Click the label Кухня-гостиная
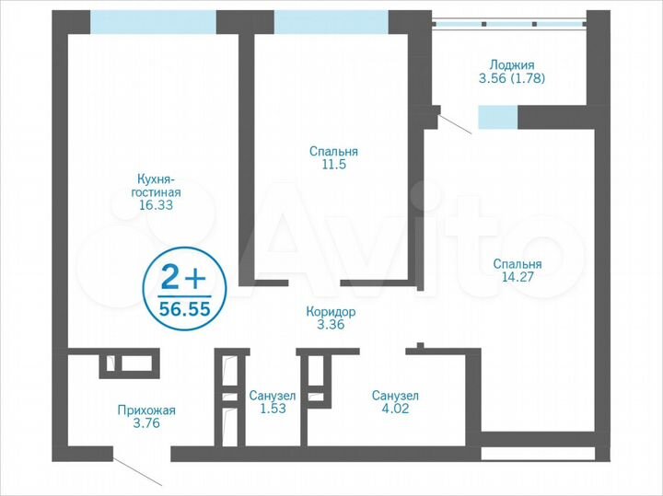(x=155, y=186)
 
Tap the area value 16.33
(x=155, y=206)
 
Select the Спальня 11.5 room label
(x=333, y=151)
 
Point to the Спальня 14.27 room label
(x=516, y=264)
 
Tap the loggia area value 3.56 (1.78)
(x=512, y=78)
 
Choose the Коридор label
(x=331, y=312)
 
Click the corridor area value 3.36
(x=331, y=325)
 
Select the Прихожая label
(x=145, y=410)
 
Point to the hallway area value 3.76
(x=145, y=424)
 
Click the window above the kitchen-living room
(x=153, y=22)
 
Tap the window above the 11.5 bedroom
(x=331, y=22)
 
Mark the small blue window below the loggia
(x=497, y=117)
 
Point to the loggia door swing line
(x=455, y=121)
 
